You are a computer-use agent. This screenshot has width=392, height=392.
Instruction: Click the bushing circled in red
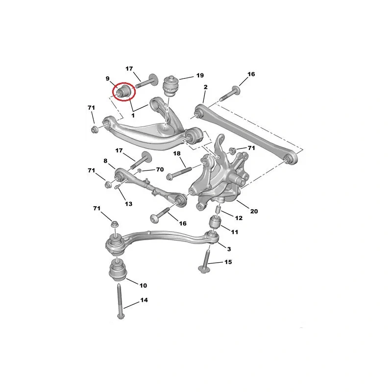[x=123, y=92]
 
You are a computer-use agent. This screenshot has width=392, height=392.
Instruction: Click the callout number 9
[x=107, y=79]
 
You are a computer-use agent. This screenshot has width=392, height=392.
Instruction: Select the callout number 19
[x=200, y=75]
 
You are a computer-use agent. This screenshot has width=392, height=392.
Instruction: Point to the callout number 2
[x=205, y=87]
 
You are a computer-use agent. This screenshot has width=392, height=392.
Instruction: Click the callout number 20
[x=254, y=211]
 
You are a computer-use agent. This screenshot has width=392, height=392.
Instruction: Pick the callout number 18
[x=177, y=153]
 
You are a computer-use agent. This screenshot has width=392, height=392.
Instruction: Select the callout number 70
[x=160, y=170]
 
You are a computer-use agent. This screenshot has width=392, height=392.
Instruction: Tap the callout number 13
[x=128, y=204]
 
